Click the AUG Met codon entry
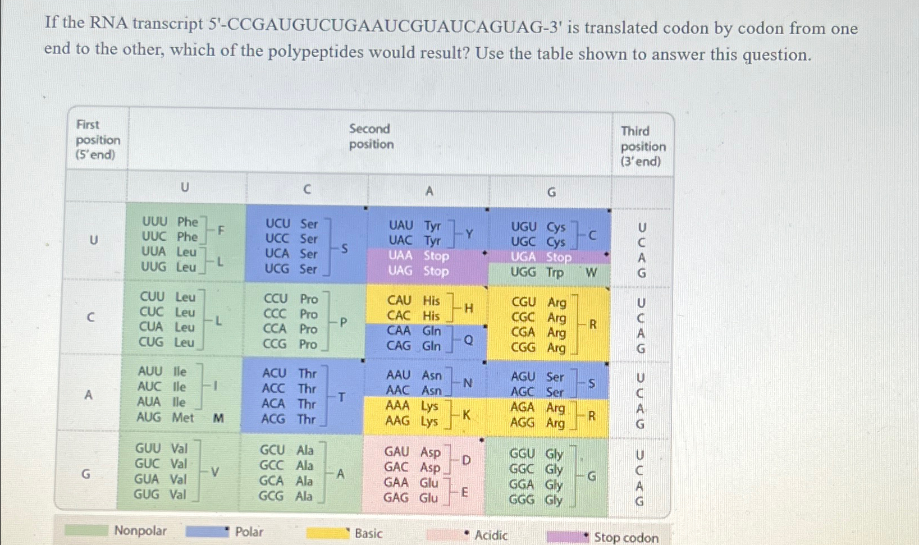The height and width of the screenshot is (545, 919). (x=165, y=418)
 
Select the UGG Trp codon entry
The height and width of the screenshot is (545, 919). (x=537, y=273)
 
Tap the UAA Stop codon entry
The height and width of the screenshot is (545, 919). (x=418, y=256)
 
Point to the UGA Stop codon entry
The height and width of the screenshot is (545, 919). (x=540, y=257)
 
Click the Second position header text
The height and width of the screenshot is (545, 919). (x=371, y=136)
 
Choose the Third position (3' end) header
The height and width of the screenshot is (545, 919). (x=643, y=146)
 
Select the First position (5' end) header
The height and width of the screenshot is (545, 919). (x=98, y=140)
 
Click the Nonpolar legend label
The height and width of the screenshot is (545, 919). (x=140, y=530)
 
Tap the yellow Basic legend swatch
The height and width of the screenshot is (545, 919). (x=327, y=533)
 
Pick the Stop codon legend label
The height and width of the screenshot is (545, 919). (x=626, y=538)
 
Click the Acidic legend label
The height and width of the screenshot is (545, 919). (x=491, y=535)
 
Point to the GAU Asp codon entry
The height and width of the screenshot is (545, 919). (x=412, y=452)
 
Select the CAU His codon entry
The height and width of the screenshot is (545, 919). (x=413, y=301)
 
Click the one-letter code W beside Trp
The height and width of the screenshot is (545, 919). (x=591, y=273)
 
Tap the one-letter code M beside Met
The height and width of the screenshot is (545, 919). (x=218, y=418)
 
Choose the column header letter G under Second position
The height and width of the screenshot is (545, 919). (x=551, y=193)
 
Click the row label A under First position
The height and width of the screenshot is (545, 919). (x=88, y=395)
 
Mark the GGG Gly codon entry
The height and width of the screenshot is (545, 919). (x=536, y=500)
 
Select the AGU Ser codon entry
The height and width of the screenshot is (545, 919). (x=537, y=377)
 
